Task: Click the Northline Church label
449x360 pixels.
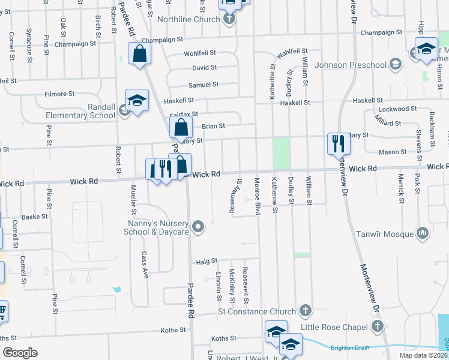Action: point(188,19)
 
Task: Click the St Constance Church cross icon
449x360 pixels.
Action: point(306,310)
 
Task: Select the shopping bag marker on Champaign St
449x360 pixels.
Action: point(139,54)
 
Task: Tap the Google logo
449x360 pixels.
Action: point(20,353)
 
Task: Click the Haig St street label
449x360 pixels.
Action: point(206,262)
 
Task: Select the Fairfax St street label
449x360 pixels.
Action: point(185,113)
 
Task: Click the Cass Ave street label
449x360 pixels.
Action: point(144,265)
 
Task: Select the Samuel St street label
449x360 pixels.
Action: point(203,85)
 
